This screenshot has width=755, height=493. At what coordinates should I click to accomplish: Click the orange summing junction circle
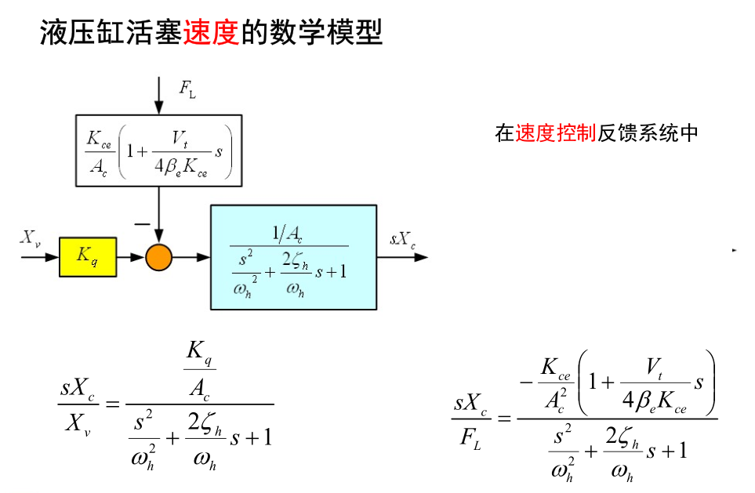coord(158,257)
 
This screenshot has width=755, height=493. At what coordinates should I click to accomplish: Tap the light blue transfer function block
coord(293,257)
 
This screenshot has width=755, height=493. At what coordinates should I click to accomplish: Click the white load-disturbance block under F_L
coord(159,150)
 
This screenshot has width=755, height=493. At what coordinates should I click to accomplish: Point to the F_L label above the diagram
coord(187,89)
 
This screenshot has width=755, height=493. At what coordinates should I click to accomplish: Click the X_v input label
coord(30,238)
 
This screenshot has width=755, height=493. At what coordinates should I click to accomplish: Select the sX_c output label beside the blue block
coord(402,239)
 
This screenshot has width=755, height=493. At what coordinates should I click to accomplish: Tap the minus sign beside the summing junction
coord(142,224)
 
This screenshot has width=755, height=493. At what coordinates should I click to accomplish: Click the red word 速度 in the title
coord(210,32)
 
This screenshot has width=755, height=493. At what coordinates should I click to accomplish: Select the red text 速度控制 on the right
coord(557,133)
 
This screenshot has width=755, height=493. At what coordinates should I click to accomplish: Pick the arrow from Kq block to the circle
coord(131,257)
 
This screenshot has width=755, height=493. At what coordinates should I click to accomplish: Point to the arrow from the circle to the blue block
coord(191,257)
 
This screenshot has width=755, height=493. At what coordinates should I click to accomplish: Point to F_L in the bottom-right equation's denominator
coord(470,439)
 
